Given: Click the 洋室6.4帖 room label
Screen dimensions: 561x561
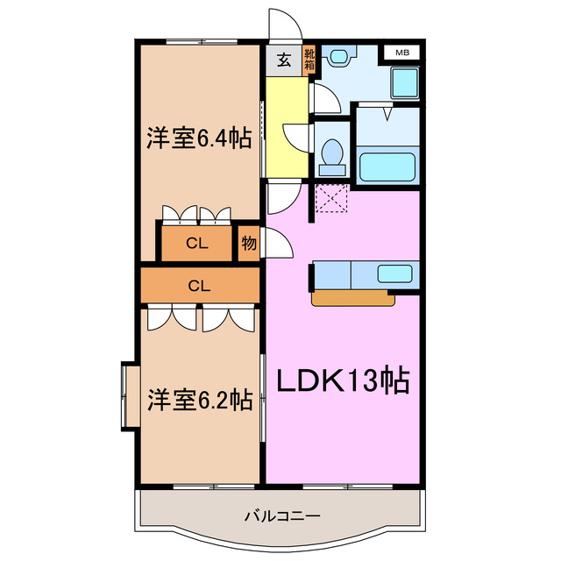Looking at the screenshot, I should pyautogui.click(x=200, y=138).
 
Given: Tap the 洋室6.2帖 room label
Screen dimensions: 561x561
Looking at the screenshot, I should pyautogui.click(x=200, y=400).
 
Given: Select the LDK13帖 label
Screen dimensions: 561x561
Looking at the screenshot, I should pyautogui.click(x=344, y=380).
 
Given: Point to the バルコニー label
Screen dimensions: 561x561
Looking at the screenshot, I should pyautogui.click(x=281, y=515).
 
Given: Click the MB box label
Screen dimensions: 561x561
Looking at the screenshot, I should pyautogui.click(x=401, y=53).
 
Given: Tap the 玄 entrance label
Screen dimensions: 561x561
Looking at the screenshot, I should pyautogui.click(x=284, y=60).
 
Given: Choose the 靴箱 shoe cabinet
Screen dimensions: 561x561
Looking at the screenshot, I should pyautogui.click(x=309, y=60).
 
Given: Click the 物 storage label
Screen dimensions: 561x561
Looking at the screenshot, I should pyautogui.click(x=249, y=244).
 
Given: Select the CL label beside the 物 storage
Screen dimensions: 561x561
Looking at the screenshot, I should pyautogui.click(x=196, y=245).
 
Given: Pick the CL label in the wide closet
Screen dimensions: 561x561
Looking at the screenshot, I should pyautogui.click(x=200, y=285).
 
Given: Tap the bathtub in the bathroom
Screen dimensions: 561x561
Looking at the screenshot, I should pyautogui.click(x=387, y=166).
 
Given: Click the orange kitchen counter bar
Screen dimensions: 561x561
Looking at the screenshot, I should pyautogui.click(x=353, y=299).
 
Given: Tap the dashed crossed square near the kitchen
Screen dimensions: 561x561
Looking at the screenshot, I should pyautogui.click(x=333, y=199).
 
